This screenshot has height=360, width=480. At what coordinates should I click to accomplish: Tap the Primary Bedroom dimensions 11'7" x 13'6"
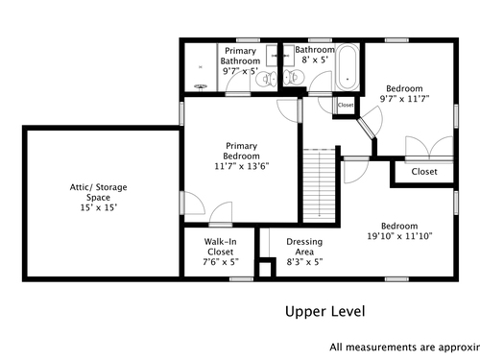[x=242, y=166]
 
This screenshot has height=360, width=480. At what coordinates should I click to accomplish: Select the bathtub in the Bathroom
[x=348, y=67]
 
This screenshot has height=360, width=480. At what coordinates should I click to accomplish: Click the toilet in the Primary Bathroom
[x=266, y=79]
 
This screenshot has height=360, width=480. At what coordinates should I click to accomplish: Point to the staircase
[x=319, y=185]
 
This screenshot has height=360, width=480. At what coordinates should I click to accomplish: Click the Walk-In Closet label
[x=221, y=247]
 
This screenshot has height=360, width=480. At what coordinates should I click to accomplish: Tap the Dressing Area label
[x=304, y=247]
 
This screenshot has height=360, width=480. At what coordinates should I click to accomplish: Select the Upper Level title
[x=324, y=311]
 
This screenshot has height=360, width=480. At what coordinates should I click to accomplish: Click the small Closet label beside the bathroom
[x=346, y=105]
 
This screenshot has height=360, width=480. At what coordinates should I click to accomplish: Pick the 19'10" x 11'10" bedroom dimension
[x=399, y=236]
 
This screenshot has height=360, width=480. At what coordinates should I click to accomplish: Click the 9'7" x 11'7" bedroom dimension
[x=404, y=99]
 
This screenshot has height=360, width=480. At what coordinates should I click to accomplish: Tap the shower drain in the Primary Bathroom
[x=201, y=86]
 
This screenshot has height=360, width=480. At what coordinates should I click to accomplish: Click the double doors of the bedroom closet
[x=429, y=147]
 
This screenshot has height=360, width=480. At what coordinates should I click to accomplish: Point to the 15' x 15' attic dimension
[x=98, y=207]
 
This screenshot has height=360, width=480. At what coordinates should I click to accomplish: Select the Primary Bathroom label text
[x=240, y=56]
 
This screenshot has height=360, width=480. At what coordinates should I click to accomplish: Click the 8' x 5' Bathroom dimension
[x=315, y=60]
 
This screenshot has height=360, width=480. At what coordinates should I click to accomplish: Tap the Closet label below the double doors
[x=424, y=172]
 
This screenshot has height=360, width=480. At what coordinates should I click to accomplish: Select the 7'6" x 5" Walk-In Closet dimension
[x=221, y=262]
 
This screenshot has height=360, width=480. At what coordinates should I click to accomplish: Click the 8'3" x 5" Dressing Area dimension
[x=304, y=262]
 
